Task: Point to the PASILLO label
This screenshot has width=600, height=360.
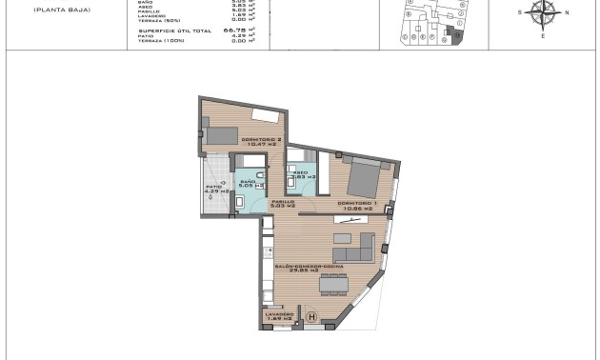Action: [x=284, y=202]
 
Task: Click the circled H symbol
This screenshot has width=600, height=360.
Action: [x=310, y=317]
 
